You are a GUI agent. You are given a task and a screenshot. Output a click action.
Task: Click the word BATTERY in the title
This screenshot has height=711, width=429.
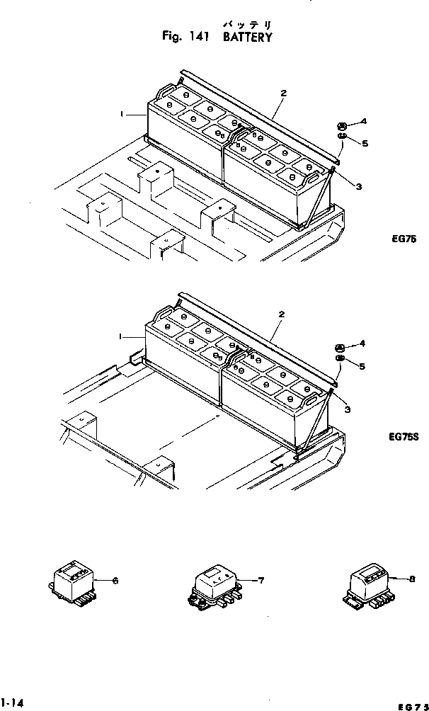point(247,38)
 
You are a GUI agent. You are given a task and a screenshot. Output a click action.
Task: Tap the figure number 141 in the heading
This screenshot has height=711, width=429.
point(198,38)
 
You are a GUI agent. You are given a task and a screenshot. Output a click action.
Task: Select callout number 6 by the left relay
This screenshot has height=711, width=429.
point(115,581)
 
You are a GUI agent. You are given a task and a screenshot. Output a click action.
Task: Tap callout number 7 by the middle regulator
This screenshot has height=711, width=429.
point(261,581)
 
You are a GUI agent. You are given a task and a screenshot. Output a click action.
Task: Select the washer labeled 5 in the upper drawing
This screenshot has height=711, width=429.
point(341,137)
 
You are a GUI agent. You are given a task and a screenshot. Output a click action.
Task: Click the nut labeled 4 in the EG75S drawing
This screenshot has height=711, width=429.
point(340,348)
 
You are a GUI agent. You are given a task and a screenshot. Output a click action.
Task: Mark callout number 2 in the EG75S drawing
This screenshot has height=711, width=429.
point(283,313)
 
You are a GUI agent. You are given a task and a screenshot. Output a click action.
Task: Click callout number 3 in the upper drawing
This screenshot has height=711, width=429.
point(359,186)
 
